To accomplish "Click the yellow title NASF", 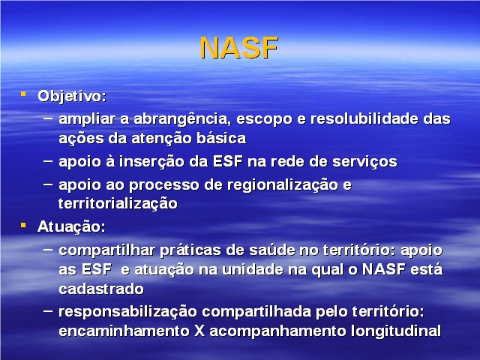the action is [x=239, y=48].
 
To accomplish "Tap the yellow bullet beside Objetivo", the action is [x=23, y=94].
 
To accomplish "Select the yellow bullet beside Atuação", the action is [x=23, y=226].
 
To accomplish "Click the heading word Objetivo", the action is [x=72, y=97].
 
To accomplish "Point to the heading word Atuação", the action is [x=72, y=227].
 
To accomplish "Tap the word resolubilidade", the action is [x=364, y=118].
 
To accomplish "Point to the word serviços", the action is [x=365, y=162].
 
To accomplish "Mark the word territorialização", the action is [x=118, y=204].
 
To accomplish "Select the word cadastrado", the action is [x=101, y=289].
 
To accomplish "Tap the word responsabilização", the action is [x=127, y=313].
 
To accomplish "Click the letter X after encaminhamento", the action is [x=199, y=331].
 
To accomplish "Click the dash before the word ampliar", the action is [x=48, y=118].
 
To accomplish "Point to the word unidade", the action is [x=249, y=270].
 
